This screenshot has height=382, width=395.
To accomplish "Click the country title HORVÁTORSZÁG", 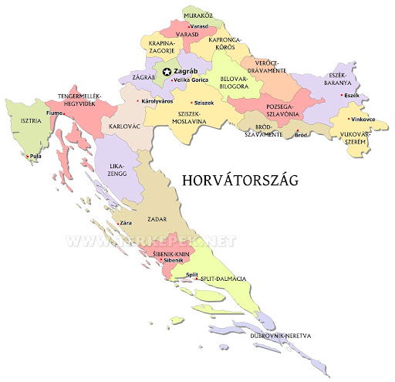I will point(239,180).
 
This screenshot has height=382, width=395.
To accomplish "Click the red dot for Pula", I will point(29,157).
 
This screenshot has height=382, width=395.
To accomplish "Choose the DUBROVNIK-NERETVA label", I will point(280,336).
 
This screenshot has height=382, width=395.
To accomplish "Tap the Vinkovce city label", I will point(362,120).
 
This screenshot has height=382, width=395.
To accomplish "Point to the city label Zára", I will point(125,223).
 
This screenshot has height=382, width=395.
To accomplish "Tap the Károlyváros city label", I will point(158,101).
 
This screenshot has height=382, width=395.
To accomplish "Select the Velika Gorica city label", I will point(193,80).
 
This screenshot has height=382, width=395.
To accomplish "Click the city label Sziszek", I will point(204,103).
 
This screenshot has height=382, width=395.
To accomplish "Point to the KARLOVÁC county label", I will point(125,125).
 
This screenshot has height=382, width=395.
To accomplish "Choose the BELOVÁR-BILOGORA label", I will point(234,83).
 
